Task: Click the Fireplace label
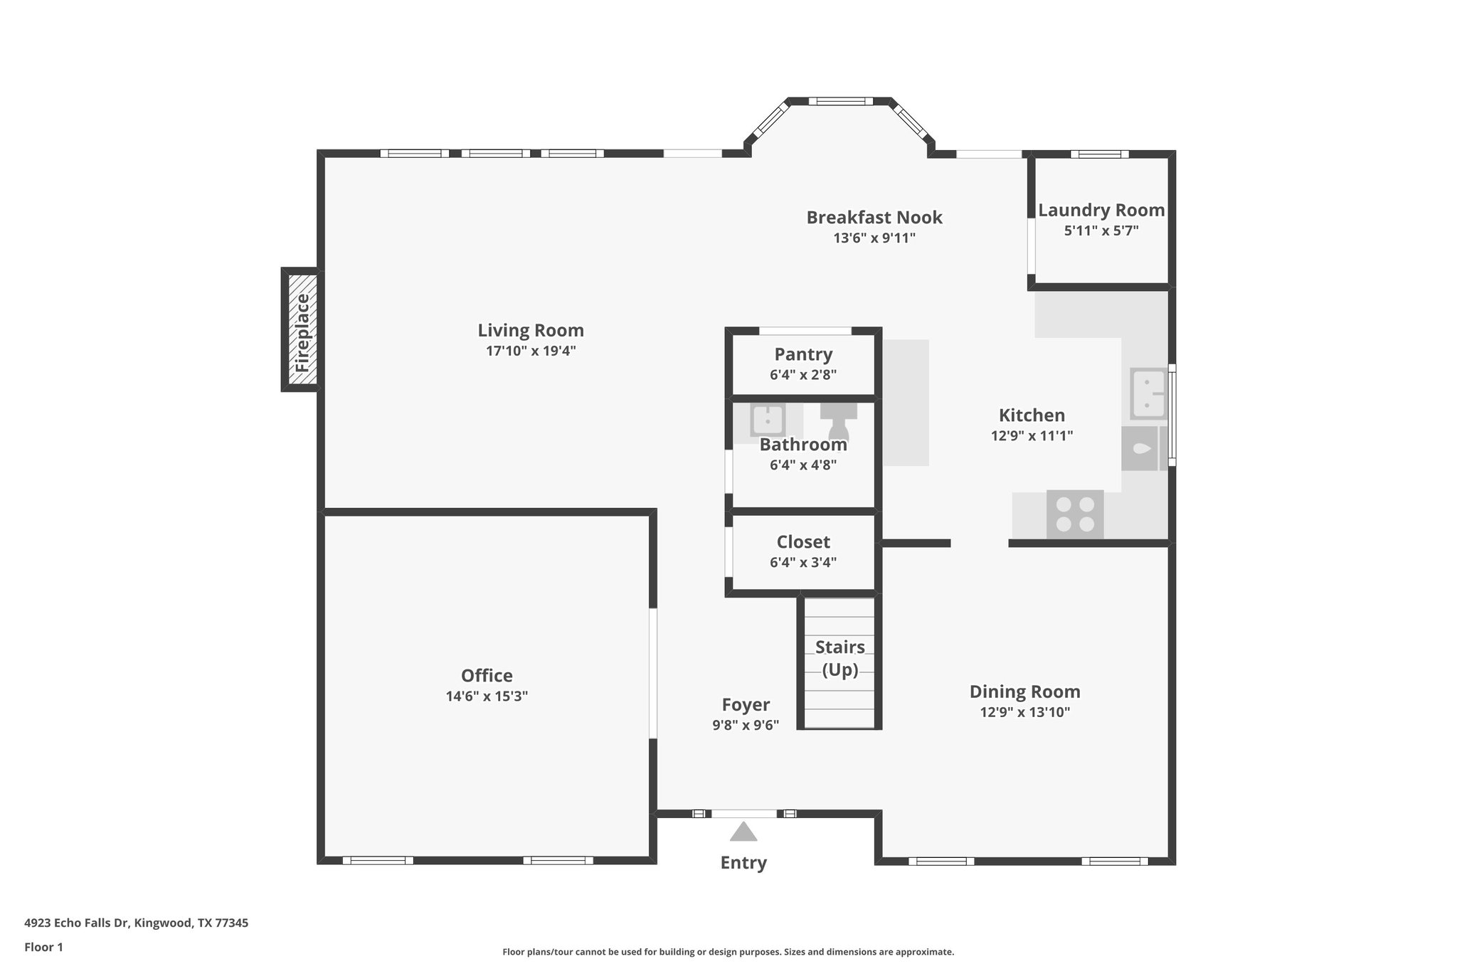pyautogui.click(x=302, y=332)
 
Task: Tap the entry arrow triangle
pyautogui.click(x=743, y=832)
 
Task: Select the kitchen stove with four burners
pyautogui.click(x=1075, y=514)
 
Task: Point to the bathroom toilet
pyautogui.click(x=839, y=422)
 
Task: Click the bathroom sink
pyautogui.click(x=768, y=420)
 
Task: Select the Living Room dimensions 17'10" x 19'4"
pyautogui.click(x=530, y=351)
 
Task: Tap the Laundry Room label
pyautogui.click(x=1101, y=211)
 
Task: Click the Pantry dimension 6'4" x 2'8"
pyautogui.click(x=802, y=374)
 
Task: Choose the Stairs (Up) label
pyautogui.click(x=839, y=658)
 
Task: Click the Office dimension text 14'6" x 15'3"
pyautogui.click(x=487, y=696)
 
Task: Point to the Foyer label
pyautogui.click(x=745, y=704)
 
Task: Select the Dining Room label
pyautogui.click(x=1024, y=691)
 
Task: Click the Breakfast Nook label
pyautogui.click(x=874, y=218)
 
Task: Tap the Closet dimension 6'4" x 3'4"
pyautogui.click(x=802, y=562)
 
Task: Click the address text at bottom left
pyautogui.click(x=136, y=923)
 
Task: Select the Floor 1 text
pyautogui.click(x=43, y=947)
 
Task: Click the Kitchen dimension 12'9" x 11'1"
pyautogui.click(x=1032, y=435)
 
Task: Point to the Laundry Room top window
pyautogui.click(x=1099, y=154)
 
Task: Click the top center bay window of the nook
pyautogui.click(x=840, y=101)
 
